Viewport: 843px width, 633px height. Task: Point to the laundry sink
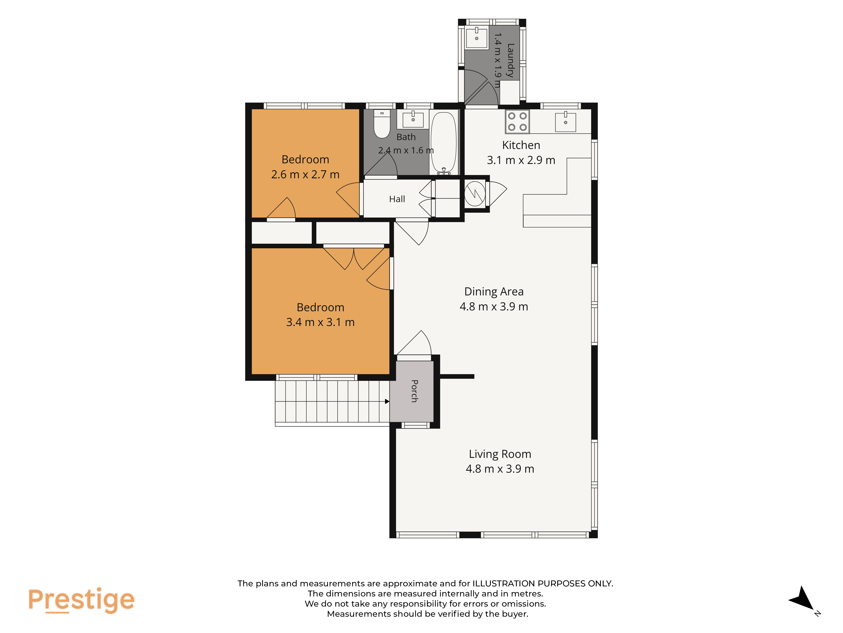476,37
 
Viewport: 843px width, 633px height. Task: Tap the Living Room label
500,454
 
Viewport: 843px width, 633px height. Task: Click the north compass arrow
802,598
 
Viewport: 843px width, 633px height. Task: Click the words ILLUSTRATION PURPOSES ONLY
543,583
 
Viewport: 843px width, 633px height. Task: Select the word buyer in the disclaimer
516,614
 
